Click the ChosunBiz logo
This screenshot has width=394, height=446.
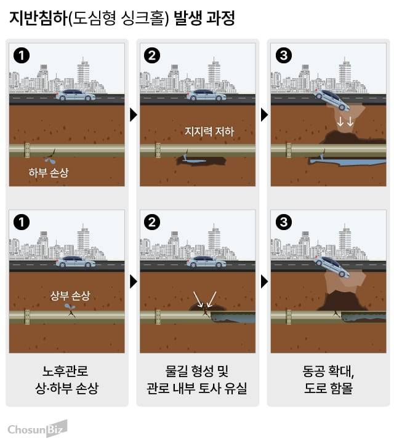coord(37,429)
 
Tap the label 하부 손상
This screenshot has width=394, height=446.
coord(48,173)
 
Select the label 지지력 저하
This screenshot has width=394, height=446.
coord(210,131)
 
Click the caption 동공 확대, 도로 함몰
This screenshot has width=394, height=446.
coord(328,380)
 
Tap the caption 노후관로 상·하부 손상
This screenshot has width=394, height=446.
coord(66,380)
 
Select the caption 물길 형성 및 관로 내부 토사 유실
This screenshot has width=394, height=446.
coord(197,380)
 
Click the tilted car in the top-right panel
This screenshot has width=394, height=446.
coord(333,100)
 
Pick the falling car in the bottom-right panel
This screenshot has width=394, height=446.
coord(333,266)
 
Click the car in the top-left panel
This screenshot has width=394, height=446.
coord(75,95)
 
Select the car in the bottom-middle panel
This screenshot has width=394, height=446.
coord(206,261)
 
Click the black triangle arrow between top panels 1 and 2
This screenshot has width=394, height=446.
coord(133,114)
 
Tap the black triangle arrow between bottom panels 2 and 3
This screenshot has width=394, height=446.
coord(263,282)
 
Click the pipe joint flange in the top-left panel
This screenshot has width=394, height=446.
coord(27,149)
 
